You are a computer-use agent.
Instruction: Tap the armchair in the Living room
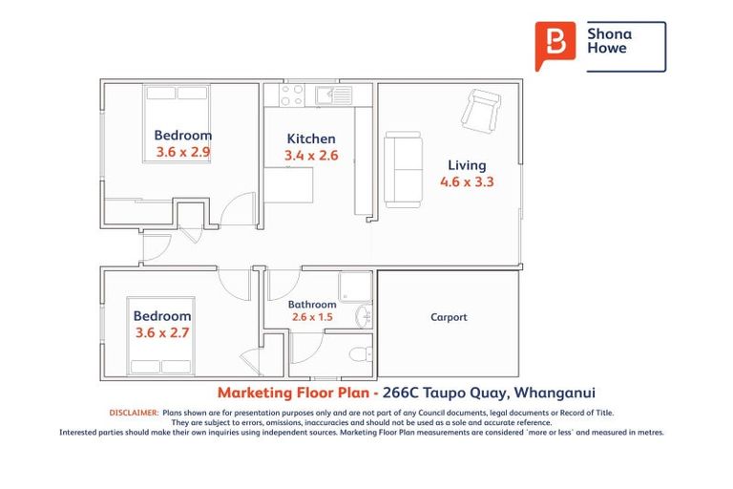pyautogui.click(x=479, y=109)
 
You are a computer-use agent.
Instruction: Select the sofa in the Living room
pyautogui.click(x=403, y=171)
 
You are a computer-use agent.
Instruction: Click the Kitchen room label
pyautogui.click(x=310, y=138)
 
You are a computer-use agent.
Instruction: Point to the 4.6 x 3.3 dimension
pyautogui.click(x=466, y=181)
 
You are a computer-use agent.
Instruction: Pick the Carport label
pyautogui.click(x=449, y=317)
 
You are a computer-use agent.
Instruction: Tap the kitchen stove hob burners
pyautogui.click(x=291, y=94)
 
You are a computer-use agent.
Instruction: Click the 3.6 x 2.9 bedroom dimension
pyautogui.click(x=183, y=152)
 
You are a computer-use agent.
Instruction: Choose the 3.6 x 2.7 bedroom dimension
pyautogui.click(x=161, y=332)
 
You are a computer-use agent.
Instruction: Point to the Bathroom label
pyautogui.click(x=312, y=305)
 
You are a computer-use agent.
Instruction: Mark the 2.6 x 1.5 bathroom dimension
pyautogui.click(x=312, y=317)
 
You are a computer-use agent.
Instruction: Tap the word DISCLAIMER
pyautogui.click(x=133, y=413)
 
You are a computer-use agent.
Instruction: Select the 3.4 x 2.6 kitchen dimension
pyautogui.click(x=311, y=156)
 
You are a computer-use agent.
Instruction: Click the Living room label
pyautogui.click(x=466, y=165)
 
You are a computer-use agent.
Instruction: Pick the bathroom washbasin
pyautogui.click(x=364, y=316)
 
